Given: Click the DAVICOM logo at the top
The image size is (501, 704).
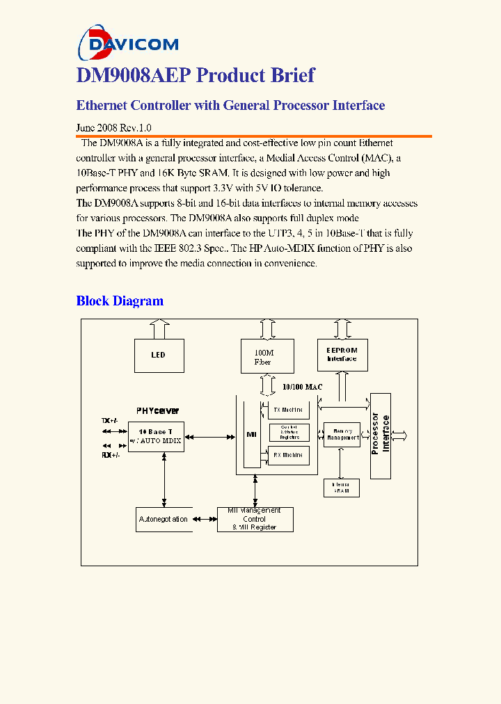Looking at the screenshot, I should tap(128, 43).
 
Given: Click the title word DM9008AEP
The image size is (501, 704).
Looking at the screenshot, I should tap(129, 75).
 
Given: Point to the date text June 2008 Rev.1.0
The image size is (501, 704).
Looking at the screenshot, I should tap(113, 128).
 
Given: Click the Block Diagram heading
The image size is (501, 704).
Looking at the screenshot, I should tap(120, 301).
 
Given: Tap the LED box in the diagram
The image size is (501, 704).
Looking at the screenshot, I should tap(159, 355).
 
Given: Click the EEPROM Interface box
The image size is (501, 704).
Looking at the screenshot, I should tap(342, 355).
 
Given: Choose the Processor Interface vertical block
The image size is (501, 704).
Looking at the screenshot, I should tap(381, 435).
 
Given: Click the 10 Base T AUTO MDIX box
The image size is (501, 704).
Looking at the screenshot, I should tap(156, 437).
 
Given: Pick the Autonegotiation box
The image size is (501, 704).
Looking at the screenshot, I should tap(163, 520).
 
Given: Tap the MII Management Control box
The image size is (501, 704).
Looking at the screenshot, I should tap(255, 520).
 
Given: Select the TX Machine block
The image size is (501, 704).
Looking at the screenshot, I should tap(288, 410).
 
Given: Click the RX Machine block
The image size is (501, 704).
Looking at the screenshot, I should tap(288, 455).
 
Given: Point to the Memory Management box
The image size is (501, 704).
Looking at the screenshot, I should tap(342, 435).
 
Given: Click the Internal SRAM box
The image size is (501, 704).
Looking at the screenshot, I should tap(341, 488).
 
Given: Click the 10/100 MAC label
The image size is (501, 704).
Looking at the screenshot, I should tap(302, 387).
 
